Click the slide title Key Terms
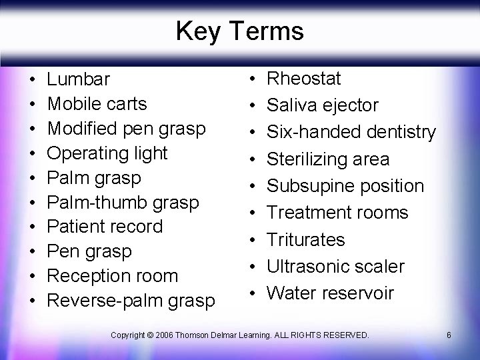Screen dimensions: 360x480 coord(239,31)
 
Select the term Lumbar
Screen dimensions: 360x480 coord(78,79)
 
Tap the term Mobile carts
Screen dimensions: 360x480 coord(97,104)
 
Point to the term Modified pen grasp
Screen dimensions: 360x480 coord(126,129)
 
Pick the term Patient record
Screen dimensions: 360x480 coord(105,227)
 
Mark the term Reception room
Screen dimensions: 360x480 coord(112,276)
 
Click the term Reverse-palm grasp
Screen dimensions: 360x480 coord(131,301)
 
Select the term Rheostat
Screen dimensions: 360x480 coord(304,79)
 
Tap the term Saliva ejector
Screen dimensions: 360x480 coord(323,105)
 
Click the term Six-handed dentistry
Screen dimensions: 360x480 coord(351,132)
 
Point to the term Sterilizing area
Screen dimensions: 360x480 coord(328,159)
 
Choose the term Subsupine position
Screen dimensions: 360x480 coord(345,186)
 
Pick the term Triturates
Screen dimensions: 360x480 coord(306,239)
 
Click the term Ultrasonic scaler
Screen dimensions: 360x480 coord(335,267)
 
